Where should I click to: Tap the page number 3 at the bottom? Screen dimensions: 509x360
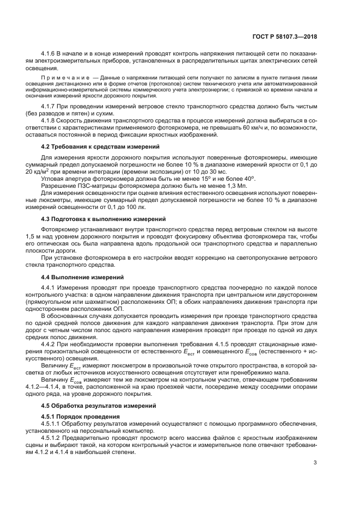point(315,463)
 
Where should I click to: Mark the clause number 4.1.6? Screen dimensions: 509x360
point(50,56)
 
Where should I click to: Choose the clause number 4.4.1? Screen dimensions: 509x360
point(50,287)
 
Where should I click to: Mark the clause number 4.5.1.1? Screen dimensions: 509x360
point(52,424)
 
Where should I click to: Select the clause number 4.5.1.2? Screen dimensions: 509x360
point(52,438)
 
